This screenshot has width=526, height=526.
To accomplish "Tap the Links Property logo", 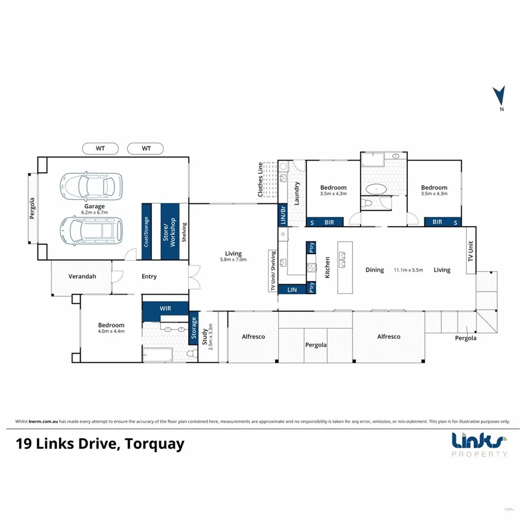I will [479, 444].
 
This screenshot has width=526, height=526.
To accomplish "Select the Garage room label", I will [94, 206].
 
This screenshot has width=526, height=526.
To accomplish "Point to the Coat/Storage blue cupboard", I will [147, 232].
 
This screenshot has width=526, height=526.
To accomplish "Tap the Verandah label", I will [82, 276].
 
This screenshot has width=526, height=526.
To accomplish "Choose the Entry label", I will [149, 276].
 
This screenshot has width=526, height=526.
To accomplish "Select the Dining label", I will [375, 270].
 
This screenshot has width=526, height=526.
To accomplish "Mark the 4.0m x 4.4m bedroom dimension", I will [111, 331].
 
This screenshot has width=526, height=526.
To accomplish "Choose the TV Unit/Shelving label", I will [272, 271].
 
